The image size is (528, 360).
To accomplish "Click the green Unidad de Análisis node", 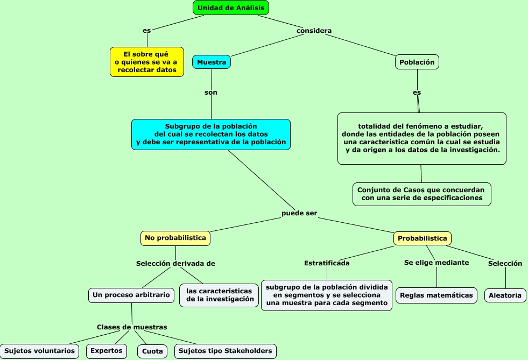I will [231, 8].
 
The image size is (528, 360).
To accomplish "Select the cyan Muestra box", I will [212, 62].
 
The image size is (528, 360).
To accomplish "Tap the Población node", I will [417, 62].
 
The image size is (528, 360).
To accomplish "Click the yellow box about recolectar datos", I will [146, 62].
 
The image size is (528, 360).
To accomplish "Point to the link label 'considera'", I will [314, 31].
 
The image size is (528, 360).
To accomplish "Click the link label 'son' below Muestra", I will [211, 93].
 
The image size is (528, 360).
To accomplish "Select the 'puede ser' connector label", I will [299, 214].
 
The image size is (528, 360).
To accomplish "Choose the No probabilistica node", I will [175, 238].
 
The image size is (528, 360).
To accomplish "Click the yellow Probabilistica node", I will [423, 238].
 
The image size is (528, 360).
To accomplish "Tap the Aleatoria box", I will [505, 295].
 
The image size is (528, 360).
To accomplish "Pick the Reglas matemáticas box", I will [437, 295].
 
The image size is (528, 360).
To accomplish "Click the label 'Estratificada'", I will [327, 263].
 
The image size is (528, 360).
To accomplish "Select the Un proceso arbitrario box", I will [132, 295].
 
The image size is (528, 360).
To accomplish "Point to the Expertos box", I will [107, 351].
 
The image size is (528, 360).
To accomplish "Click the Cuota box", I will [153, 351].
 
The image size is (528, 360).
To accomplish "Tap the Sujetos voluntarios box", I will [40, 351].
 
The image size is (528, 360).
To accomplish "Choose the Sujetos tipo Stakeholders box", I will [226, 351].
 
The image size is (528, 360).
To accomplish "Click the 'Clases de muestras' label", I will [132, 327].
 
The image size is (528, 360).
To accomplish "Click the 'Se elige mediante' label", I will [437, 263].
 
